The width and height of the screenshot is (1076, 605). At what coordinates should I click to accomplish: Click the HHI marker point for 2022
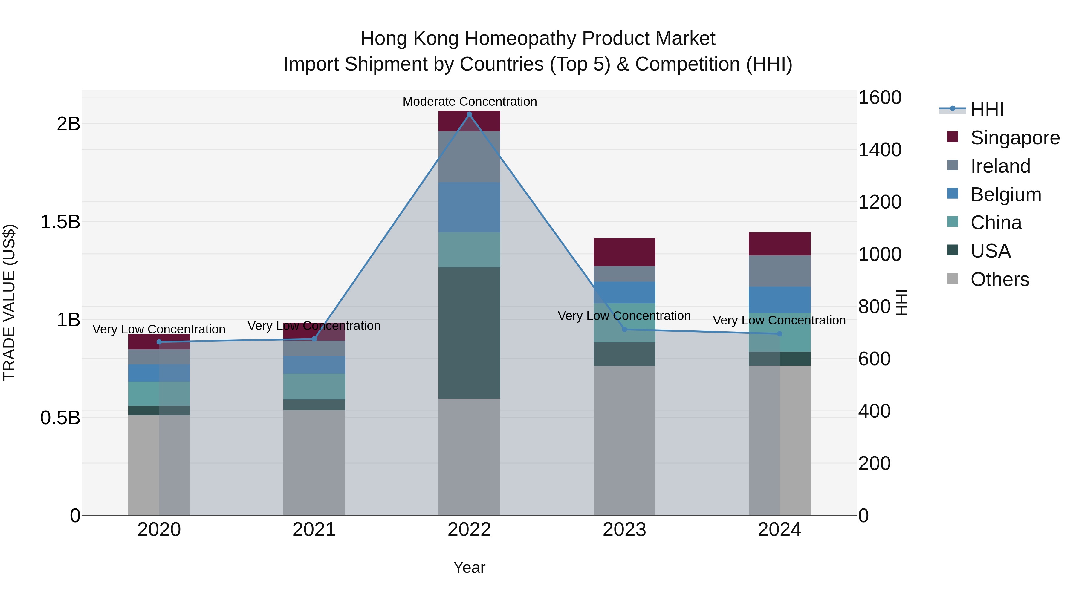[x=469, y=114]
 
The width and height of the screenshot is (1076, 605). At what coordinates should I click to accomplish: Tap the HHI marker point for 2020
[x=159, y=342]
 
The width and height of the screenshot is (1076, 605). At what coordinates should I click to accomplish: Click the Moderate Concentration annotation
[x=470, y=102]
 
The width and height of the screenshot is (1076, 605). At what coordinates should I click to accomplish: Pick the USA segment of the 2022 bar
[x=469, y=333]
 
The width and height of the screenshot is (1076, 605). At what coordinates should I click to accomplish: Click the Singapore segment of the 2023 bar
[x=624, y=252]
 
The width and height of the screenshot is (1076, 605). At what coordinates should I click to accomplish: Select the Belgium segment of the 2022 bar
[x=469, y=207]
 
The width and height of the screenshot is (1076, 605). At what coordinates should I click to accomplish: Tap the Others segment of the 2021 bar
[x=314, y=462]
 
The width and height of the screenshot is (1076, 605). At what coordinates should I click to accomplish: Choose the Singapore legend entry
[x=1015, y=138]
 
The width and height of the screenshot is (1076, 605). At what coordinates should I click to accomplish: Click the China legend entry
[x=996, y=223]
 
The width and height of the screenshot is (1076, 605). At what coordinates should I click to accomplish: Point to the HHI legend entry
[x=987, y=109]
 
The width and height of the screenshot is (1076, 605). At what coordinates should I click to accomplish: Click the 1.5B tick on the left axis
[x=60, y=222]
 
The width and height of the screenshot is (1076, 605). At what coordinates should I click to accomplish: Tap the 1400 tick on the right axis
[x=879, y=150]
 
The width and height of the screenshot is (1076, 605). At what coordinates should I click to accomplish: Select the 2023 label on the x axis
[x=624, y=530]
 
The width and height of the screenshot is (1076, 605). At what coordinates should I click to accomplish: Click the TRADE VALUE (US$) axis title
[x=9, y=302]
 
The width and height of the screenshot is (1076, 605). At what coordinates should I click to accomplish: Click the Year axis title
[x=469, y=567]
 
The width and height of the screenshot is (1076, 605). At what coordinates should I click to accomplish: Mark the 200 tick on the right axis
[x=874, y=463]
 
